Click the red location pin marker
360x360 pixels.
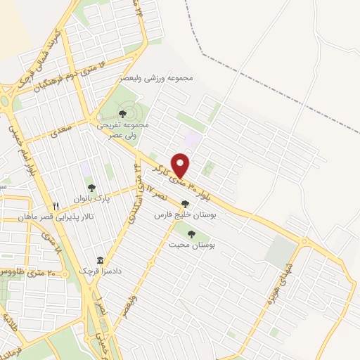(x=181, y=165)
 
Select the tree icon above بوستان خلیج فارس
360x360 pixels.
(x=185, y=204)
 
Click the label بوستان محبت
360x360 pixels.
(x=191, y=245)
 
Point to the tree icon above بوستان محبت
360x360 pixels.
(x=191, y=233)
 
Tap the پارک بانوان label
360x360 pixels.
(x=91, y=199)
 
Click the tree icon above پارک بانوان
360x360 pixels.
(x=91, y=188)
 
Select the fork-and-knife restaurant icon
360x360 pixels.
(x=56, y=206)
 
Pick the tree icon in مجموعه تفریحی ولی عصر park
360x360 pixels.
(x=122, y=112)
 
